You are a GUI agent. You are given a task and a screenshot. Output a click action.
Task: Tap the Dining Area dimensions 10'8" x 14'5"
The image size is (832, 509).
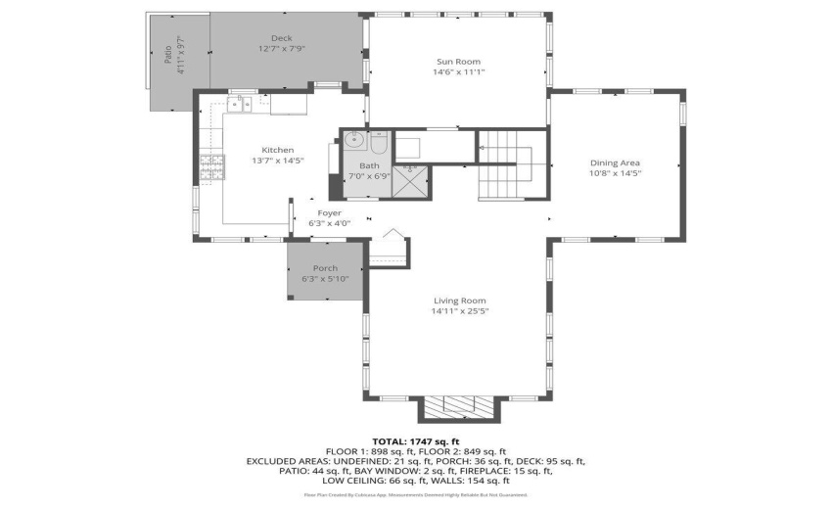[615, 173]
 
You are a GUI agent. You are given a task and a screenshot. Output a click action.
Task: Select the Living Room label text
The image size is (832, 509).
[459, 301]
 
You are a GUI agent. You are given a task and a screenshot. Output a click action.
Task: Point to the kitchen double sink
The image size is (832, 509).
[240, 103]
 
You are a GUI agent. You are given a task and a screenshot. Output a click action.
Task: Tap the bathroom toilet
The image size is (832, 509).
[380, 143]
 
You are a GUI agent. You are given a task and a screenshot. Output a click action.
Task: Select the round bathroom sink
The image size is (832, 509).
[353, 140]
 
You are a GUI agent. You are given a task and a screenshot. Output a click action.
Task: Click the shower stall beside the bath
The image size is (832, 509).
[412, 180]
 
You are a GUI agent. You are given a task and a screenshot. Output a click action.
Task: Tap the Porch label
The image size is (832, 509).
[325, 268]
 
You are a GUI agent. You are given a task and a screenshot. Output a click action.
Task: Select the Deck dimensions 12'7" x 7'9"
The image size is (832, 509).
[282, 49]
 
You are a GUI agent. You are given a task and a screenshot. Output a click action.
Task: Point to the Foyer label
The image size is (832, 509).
[329, 212]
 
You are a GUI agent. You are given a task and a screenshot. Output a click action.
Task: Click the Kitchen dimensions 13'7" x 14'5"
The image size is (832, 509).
[251, 161]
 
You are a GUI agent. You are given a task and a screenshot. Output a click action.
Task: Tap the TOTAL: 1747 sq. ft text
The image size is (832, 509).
[415, 441]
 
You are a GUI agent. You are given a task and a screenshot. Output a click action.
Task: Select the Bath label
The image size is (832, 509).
[368, 166]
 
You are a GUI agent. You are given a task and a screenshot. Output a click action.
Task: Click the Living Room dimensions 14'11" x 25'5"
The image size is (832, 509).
[459, 311]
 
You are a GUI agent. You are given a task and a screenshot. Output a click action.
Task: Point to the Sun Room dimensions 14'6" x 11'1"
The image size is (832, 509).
[459, 71]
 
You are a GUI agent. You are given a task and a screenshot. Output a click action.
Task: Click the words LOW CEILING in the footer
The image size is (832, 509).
[354, 481]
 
